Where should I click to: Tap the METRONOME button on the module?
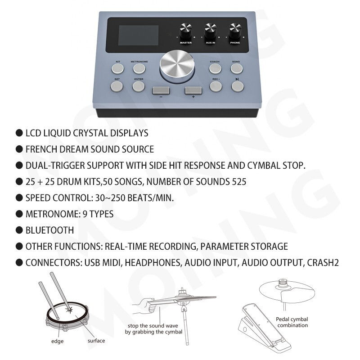coord(139,69)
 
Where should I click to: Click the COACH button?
coord(215,69)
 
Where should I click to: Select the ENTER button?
coord(139,86)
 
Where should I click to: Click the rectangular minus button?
coord(161,90)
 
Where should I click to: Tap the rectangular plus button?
coord(193,90)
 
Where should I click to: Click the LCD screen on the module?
coord(139,36)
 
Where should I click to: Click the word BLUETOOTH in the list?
coord(49,230)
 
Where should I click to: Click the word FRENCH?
coord(41,149)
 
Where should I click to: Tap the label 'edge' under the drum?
coord(57,342)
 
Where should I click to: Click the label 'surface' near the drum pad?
coord(96,341)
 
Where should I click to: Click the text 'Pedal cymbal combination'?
coord(292,322)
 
